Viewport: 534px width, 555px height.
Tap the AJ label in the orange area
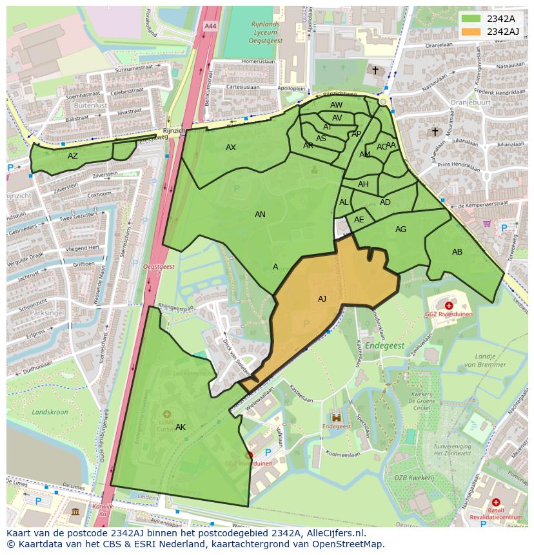tap(322, 298)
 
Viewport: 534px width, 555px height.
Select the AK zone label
tap(181, 427)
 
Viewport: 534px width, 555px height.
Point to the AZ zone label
tap(73, 156)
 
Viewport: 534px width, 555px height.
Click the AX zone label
tap(231, 148)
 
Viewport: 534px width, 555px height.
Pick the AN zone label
tap(260, 215)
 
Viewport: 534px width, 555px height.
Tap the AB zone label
tap(457, 252)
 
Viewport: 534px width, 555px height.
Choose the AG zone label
tap(400, 229)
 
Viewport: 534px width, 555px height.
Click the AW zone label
tap(336, 105)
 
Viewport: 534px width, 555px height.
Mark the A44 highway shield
tap(210, 26)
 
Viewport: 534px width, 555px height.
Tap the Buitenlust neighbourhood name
tap(90, 105)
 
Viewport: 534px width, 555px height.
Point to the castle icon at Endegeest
tap(335, 416)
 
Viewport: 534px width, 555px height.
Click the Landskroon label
tap(50, 412)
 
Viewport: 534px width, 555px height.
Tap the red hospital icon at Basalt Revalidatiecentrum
tap(495, 502)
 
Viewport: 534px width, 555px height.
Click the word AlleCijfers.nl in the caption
tap(335, 533)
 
